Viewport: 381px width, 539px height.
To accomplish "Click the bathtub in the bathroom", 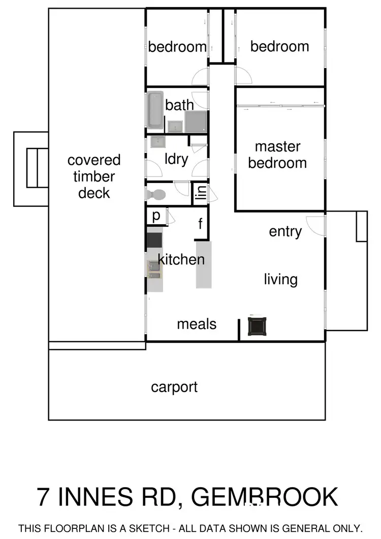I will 155,109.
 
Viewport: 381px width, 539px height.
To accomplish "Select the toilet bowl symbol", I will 157,194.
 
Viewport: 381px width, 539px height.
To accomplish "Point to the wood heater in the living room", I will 257,326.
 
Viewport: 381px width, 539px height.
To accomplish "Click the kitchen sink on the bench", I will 154,268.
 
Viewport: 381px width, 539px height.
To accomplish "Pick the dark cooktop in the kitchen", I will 154,239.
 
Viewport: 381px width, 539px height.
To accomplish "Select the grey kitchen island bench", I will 204,265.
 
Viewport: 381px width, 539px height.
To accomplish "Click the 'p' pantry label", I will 156,216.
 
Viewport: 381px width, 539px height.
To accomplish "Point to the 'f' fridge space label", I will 201,223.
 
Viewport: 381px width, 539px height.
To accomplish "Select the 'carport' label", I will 174,387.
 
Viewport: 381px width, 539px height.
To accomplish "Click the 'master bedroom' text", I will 277,155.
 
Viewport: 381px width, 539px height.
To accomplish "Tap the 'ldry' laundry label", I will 176,159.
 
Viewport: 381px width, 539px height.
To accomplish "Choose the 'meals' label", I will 197,324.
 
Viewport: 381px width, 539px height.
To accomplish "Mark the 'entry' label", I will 285,232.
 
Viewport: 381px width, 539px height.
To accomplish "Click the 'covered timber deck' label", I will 94,176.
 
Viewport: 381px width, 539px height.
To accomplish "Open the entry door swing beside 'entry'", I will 316,225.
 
